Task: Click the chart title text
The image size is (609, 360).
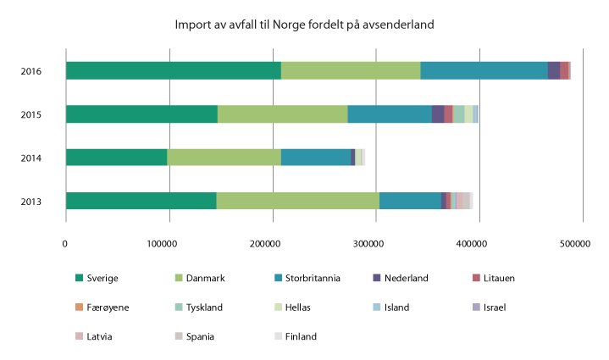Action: [x=304, y=25]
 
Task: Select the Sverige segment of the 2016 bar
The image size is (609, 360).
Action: [x=173, y=70]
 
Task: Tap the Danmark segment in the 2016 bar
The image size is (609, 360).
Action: [x=351, y=70]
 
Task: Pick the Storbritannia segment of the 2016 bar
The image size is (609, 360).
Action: [x=484, y=70]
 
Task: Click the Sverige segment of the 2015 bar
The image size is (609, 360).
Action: [x=141, y=114]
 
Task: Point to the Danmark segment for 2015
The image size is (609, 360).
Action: [x=282, y=114]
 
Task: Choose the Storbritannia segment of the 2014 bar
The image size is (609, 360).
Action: [x=315, y=157]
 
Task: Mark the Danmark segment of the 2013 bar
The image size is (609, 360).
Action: [x=297, y=200]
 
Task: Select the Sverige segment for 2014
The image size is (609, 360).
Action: [x=116, y=157]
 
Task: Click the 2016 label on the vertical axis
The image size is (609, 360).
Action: [x=31, y=70]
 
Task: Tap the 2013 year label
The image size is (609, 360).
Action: [x=31, y=201]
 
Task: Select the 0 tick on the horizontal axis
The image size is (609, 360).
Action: [x=65, y=243]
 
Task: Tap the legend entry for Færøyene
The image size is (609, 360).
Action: [x=107, y=307]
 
